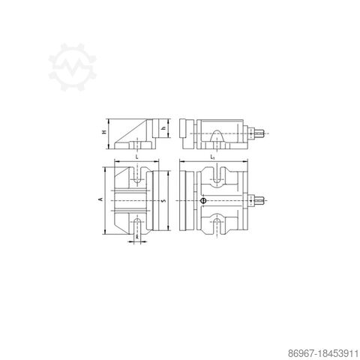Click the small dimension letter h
(x=163, y=128)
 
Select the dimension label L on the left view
(x=136, y=157)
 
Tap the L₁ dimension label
(x=214, y=157)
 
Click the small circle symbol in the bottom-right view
(x=203, y=200)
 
